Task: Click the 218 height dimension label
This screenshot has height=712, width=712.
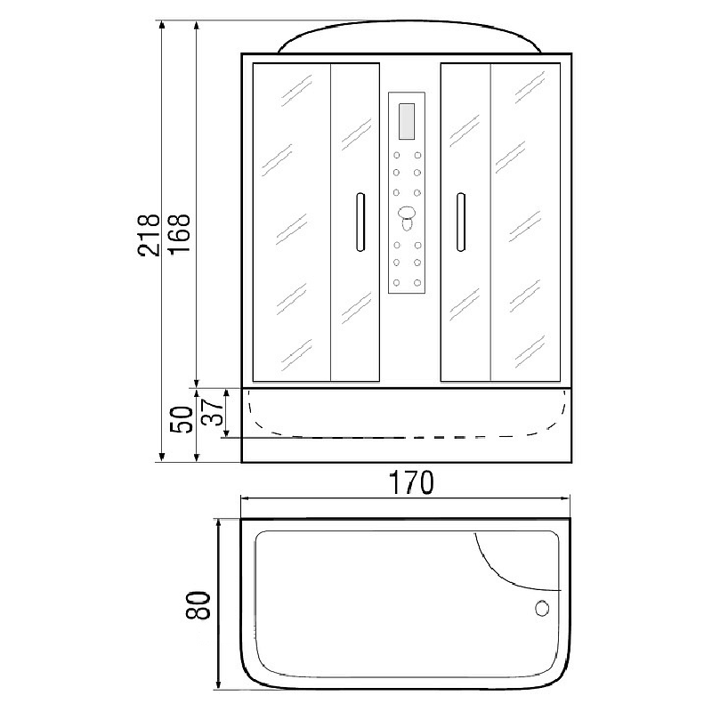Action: [x=150, y=236]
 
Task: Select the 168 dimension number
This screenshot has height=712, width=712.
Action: [x=180, y=234]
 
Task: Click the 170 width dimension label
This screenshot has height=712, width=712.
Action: [x=412, y=482]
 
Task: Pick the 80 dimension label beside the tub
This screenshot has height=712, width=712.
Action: [x=198, y=605]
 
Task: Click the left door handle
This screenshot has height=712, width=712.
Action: [x=360, y=222]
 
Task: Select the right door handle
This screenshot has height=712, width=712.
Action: [x=460, y=222]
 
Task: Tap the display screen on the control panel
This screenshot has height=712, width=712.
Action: [x=407, y=121]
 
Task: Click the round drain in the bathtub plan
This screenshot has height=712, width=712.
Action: [x=542, y=609]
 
